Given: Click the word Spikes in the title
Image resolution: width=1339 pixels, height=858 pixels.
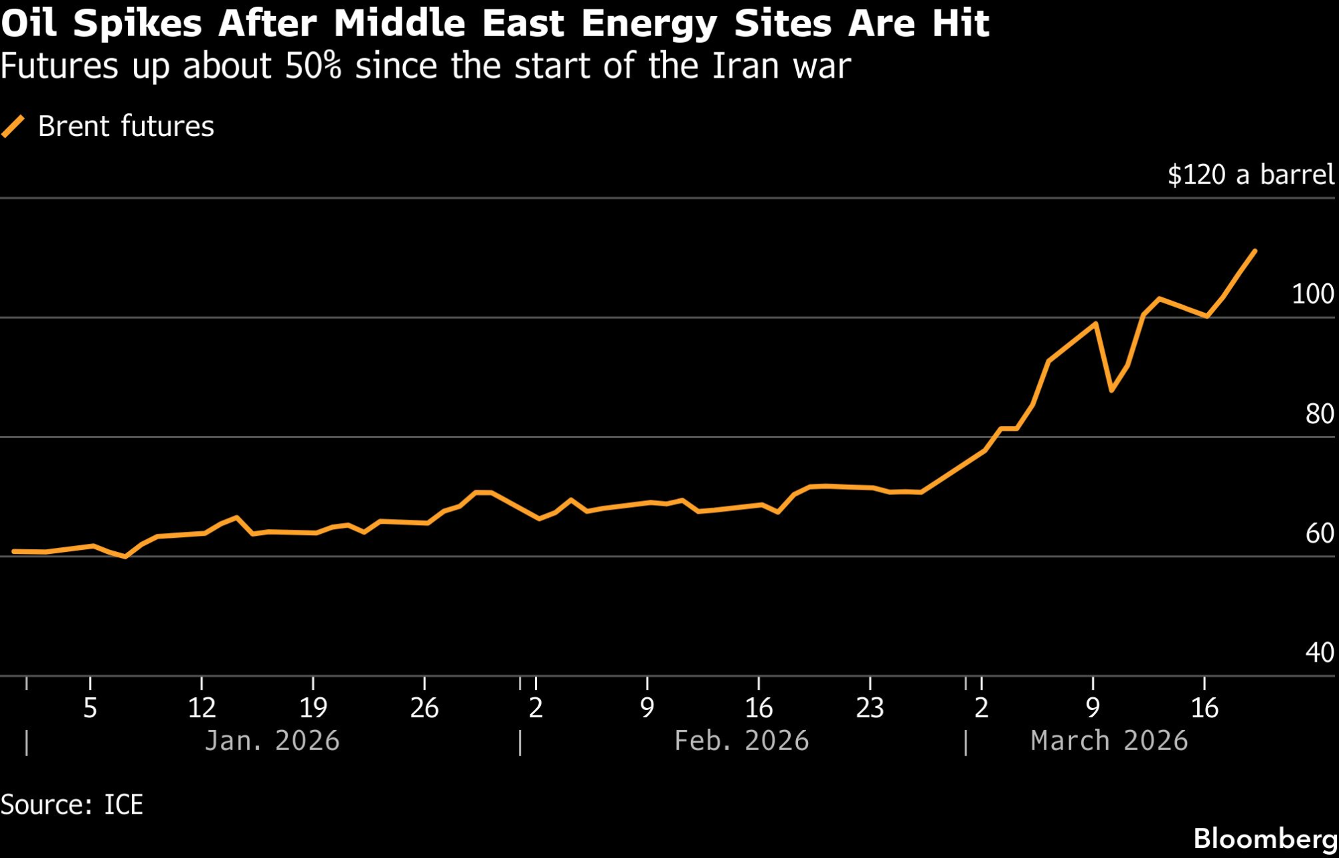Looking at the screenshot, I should [x=137, y=24].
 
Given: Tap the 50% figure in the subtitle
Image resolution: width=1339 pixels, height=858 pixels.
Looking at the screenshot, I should [x=313, y=66].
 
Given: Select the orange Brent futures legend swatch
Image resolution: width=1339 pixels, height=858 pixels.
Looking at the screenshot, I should [x=13, y=126].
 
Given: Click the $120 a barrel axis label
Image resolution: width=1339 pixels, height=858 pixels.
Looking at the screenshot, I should [x=1251, y=175].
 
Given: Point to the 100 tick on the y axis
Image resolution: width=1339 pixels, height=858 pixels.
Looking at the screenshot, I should [x=1312, y=295].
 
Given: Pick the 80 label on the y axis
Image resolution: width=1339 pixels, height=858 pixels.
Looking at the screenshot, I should [x=1320, y=415].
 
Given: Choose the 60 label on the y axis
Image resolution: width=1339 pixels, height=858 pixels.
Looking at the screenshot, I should [x=1320, y=534].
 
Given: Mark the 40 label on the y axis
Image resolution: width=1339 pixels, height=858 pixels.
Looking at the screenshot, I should [x=1320, y=653].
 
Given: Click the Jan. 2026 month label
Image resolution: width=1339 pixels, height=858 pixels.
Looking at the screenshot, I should [x=272, y=741].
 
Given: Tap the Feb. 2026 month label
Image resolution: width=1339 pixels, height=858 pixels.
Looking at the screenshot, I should [x=741, y=741].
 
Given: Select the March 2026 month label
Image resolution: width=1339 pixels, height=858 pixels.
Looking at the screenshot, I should [x=1109, y=741].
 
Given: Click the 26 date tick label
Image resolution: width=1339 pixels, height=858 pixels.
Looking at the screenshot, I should [x=424, y=708].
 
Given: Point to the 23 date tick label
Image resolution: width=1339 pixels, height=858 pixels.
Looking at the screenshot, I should [x=870, y=708].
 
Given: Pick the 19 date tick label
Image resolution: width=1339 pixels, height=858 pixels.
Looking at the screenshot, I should [x=313, y=708].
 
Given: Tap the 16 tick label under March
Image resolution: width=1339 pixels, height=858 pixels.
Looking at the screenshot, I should [x=1204, y=708].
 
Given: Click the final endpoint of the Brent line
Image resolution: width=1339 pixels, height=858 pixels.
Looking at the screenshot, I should [x=1255, y=251].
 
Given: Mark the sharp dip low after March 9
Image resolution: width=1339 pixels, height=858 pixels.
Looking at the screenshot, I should [x=1111, y=390].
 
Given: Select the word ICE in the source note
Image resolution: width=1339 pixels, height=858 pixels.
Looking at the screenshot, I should [x=123, y=805].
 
